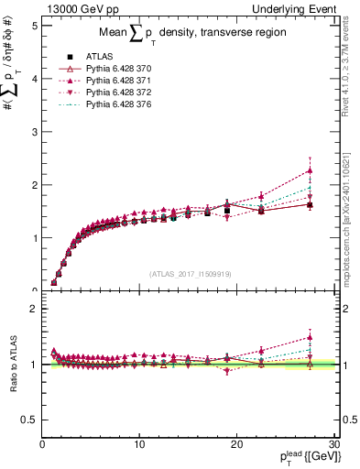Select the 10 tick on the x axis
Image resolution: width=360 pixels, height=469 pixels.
coord(139,444)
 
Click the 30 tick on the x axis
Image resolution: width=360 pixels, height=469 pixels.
coord(334,444)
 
